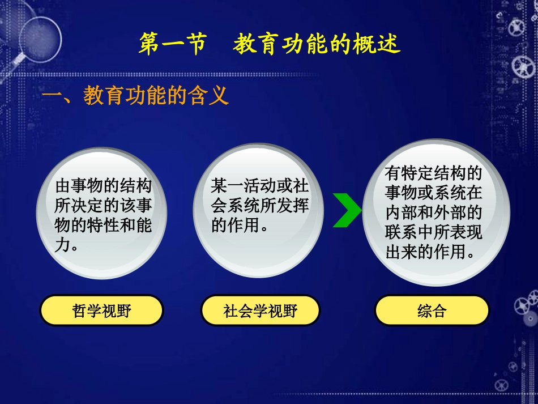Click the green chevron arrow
(345, 210)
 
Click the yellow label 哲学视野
(101, 311)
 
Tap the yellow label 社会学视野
(261, 311)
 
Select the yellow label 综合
(432, 311)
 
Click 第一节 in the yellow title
(172, 44)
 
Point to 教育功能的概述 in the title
(316, 44)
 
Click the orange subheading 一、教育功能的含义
(135, 95)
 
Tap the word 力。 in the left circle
(66, 246)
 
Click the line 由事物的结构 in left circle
(104, 186)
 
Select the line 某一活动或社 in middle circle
(260, 186)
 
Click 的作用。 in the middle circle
(240, 226)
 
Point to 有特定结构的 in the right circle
(433, 172)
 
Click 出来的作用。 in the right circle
(430, 252)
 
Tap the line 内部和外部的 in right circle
(433, 212)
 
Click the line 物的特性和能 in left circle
(104, 226)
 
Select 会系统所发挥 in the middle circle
(260, 206)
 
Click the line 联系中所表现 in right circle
(433, 232)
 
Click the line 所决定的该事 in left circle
(104, 206)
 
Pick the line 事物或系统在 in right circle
(433, 192)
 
